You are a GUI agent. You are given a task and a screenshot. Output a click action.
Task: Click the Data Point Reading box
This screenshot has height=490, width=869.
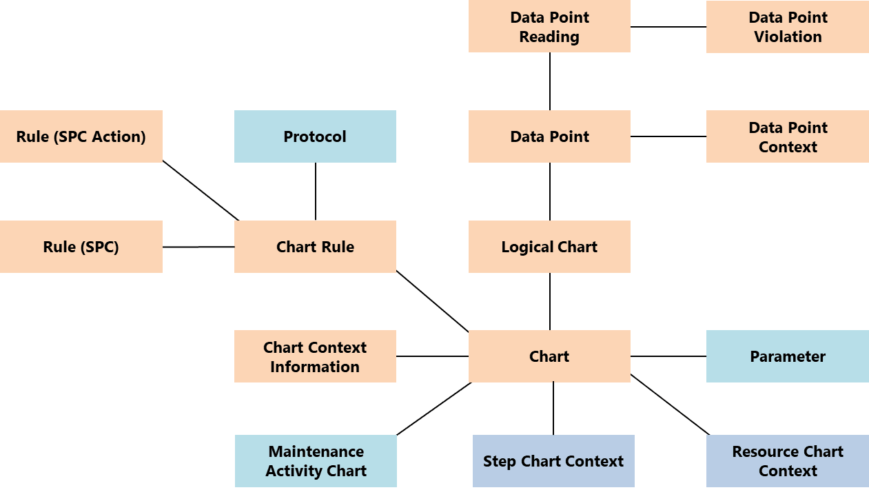549,27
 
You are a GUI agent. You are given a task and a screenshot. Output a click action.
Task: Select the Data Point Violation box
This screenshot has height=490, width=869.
787,27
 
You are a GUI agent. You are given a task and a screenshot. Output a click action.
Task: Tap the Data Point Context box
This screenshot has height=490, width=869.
787,136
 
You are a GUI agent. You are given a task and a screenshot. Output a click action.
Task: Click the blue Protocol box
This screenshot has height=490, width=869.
315,136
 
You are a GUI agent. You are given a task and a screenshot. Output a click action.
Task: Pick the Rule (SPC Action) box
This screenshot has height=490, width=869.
81,136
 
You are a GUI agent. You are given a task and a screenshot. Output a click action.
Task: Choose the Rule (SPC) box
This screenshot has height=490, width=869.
81,247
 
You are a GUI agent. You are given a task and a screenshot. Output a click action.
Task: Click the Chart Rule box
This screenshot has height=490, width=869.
315,247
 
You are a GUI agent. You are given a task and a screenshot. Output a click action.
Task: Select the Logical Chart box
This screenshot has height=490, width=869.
549,247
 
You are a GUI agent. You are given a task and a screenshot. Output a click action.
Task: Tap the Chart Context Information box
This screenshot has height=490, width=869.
315,356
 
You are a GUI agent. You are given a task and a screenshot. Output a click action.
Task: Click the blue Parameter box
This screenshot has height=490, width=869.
787,356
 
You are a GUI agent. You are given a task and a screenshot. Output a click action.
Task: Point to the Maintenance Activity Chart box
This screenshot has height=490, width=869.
316,461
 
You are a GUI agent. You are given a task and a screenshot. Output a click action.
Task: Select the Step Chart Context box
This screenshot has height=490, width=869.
553,461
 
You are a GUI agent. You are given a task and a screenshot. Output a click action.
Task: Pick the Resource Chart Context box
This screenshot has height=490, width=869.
787,461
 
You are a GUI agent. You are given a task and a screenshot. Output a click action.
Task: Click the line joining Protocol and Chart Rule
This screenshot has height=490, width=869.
316,192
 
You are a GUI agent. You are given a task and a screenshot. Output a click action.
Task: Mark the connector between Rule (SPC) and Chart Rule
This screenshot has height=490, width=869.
198,247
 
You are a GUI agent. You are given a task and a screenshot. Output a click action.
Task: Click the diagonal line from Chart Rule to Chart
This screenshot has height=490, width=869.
432,300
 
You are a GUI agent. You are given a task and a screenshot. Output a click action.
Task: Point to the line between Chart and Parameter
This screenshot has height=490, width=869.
668,356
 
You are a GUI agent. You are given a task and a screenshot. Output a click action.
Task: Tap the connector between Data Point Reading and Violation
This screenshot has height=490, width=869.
668,27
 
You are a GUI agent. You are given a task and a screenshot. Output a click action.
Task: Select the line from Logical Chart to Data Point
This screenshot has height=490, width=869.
550,192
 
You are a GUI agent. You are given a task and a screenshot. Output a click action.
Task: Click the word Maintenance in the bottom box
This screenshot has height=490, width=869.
316,452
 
